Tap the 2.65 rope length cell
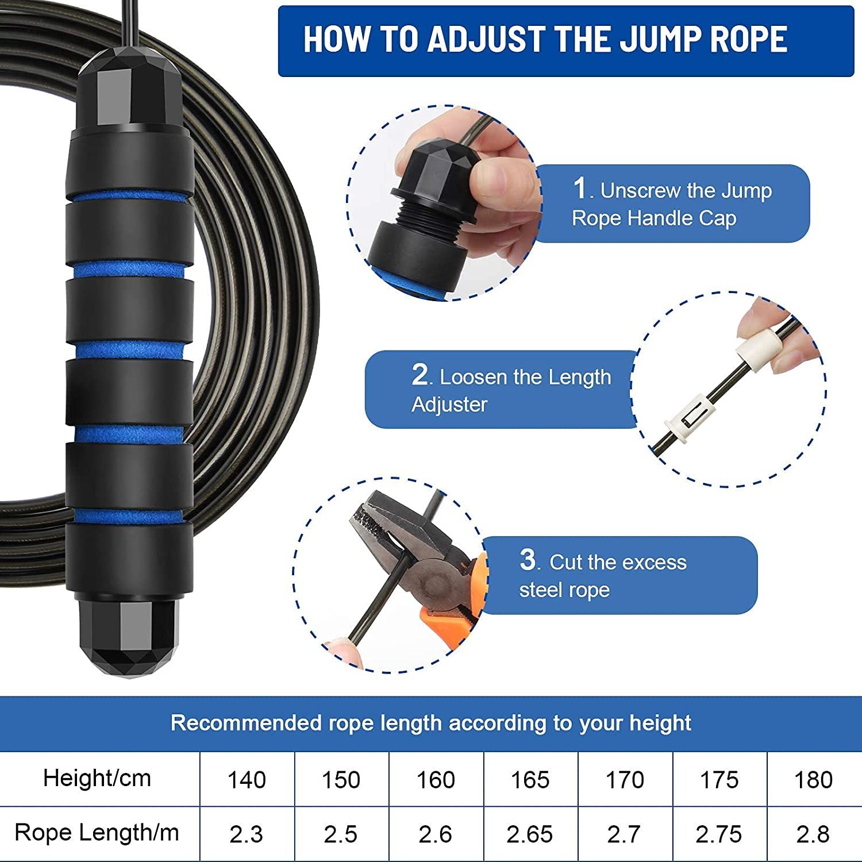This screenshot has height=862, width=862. coord(529,834)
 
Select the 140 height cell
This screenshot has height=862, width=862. coord(247,780)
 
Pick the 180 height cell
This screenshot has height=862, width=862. coord(813,780)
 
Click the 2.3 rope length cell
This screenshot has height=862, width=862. coord(247,834)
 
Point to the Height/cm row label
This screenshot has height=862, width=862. coord(97,779)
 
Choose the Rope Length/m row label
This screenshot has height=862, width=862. coord(97,833)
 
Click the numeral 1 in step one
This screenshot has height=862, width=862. coord(580,188)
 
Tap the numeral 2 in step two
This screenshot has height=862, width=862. coord(420,375)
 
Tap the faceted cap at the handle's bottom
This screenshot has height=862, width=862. coord(129,638)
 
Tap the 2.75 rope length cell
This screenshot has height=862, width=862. coord(718,834)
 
